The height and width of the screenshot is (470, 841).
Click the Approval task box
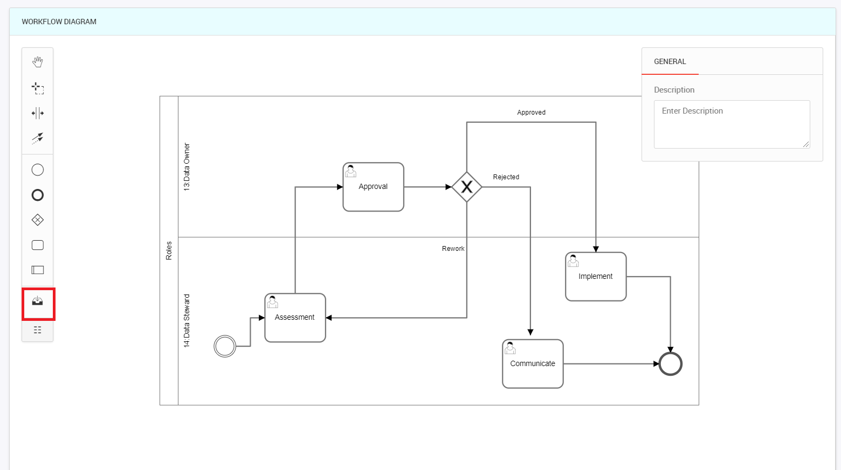pos(373,187)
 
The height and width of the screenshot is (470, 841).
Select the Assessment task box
pos(295,318)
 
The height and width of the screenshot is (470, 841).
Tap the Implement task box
pos(596,277)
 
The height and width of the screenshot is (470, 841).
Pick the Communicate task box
pos(533,364)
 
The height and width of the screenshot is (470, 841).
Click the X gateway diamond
pos(467,187)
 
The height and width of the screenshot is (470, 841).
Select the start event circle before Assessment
pos(225,346)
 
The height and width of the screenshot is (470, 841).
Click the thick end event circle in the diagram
pos(671,364)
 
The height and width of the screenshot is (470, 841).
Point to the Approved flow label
pos(531,113)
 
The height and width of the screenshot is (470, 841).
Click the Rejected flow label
pos(506,177)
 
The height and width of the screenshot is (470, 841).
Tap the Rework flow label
pos(453,249)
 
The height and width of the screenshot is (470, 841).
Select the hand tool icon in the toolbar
pos(38,62)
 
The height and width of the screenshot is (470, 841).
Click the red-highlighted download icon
pos(38,301)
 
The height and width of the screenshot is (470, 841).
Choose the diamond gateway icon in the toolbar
pos(38,220)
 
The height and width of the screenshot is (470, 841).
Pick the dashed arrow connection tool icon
pos(38,138)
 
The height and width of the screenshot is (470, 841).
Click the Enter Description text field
pos(732,124)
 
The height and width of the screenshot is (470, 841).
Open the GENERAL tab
pos(670,61)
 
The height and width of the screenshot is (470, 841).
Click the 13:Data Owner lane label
pos(187,167)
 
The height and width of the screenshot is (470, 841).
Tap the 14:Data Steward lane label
pos(187,321)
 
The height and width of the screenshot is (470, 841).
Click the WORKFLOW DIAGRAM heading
pos(59,22)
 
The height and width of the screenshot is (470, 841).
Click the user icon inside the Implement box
pos(573,261)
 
